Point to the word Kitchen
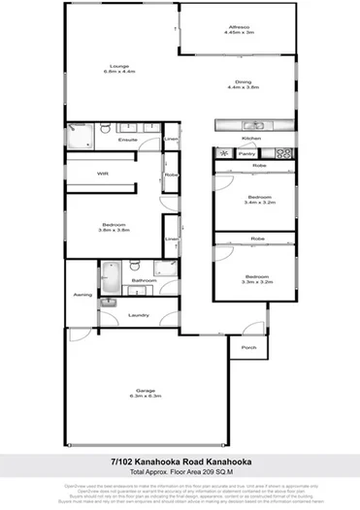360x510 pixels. tap(250, 138)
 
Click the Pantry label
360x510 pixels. tap(246, 153)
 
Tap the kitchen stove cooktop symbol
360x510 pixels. tap(283, 152)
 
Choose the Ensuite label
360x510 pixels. tap(127, 143)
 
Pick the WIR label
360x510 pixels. tap(102, 174)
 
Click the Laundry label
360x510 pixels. tap(138, 315)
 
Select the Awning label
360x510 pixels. tap(81, 293)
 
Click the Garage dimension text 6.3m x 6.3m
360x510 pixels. tap(143, 398)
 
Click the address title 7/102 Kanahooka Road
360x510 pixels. tap(180, 462)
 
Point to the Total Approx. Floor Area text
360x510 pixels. tap(180, 472)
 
